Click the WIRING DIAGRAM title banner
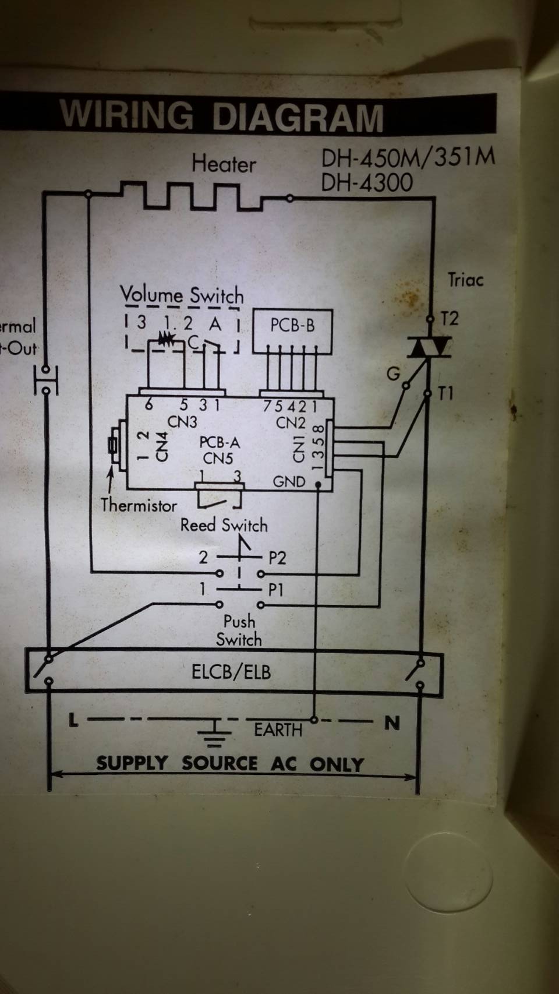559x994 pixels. [221, 115]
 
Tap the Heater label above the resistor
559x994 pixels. [224, 164]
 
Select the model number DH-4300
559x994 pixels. [367, 183]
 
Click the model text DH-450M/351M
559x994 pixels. [408, 157]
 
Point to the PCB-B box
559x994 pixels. [292, 325]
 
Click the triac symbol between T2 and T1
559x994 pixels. [430, 348]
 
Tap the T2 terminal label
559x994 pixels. [450, 319]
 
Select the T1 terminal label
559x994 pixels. [446, 394]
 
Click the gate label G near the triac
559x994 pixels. [394, 373]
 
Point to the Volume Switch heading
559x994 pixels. [182, 295]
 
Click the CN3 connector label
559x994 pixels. [182, 421]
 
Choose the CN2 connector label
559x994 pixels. [291, 422]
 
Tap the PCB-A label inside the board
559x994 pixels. [219, 443]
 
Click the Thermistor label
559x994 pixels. [139, 505]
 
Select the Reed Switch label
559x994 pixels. [224, 526]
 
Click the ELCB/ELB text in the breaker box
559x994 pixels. [231, 672]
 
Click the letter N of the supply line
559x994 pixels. [392, 723]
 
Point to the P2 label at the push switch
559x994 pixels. [277, 558]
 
